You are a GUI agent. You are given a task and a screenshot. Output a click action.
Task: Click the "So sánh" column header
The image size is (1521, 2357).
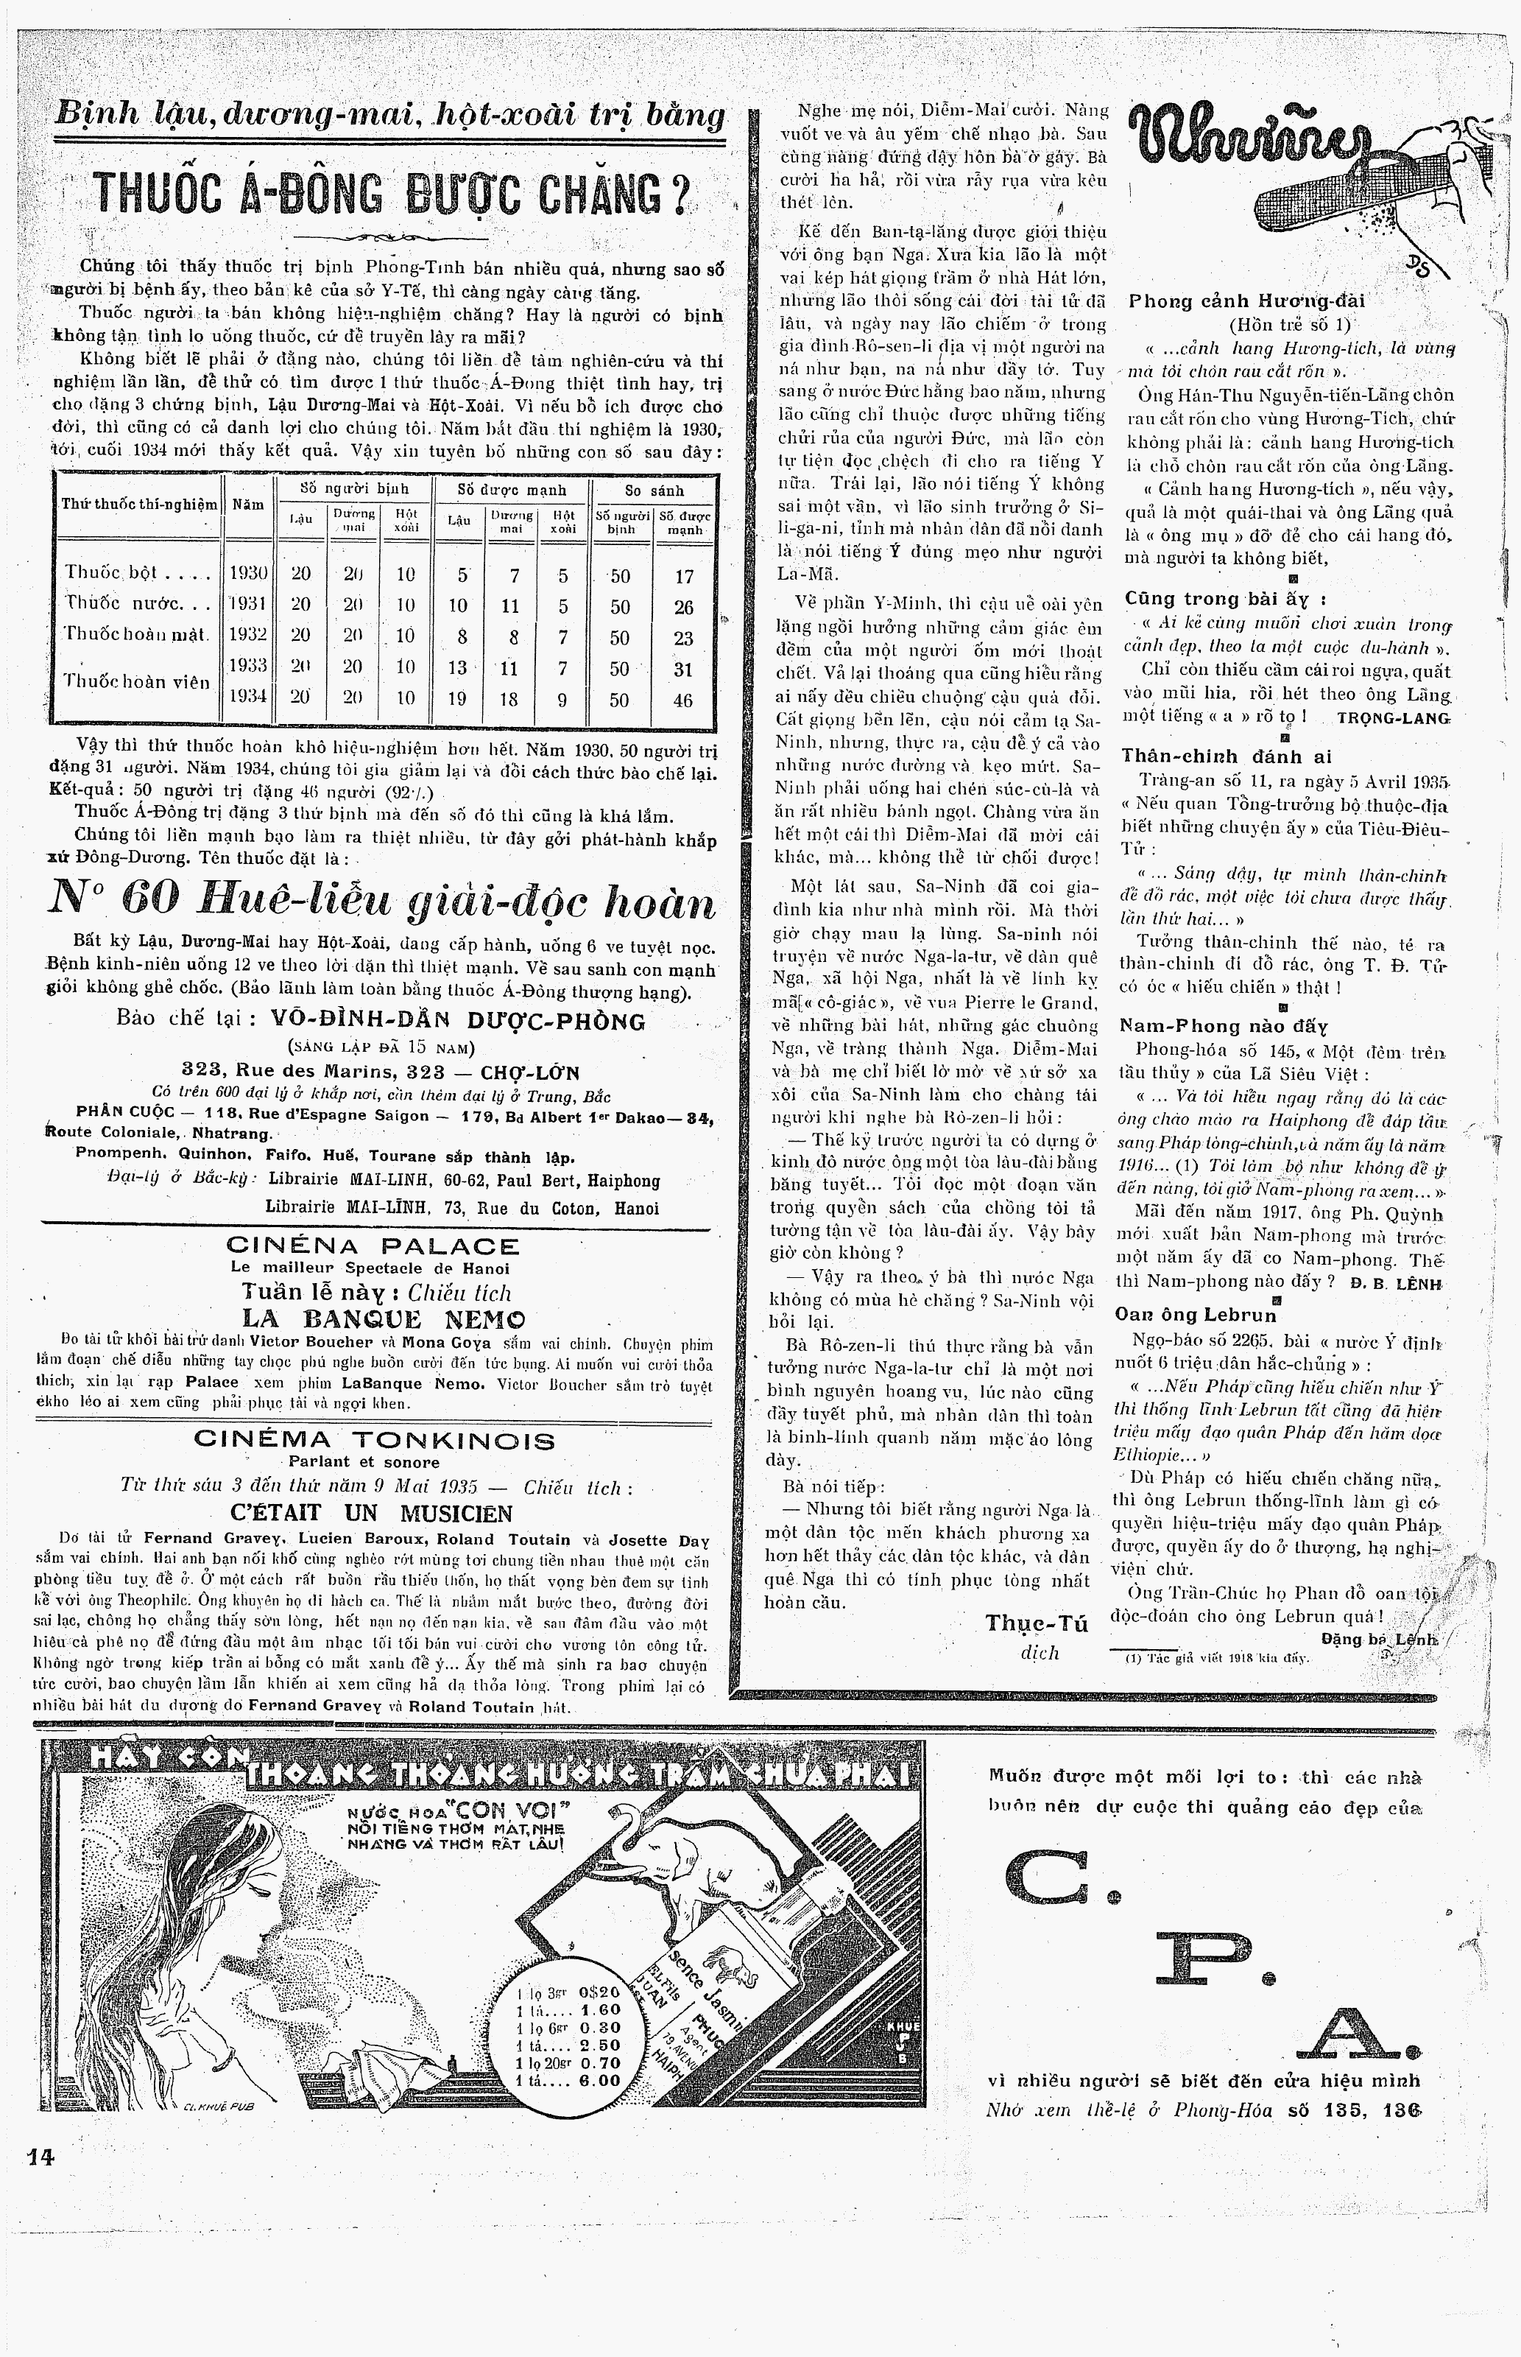pos(654,490)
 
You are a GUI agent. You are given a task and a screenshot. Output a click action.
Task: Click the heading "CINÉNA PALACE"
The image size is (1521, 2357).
pos(373,1248)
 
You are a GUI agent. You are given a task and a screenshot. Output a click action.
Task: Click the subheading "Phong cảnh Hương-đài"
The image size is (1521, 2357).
pos(1246,301)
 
